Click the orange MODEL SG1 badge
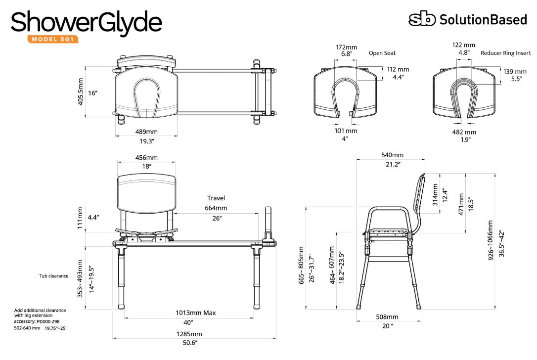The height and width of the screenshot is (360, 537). (x=53, y=39)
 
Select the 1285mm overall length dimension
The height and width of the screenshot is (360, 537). (x=189, y=334)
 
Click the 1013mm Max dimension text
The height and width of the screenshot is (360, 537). (x=195, y=313)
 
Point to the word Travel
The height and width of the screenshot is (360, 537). (x=216, y=198)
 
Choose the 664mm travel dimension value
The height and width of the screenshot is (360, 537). (x=216, y=208)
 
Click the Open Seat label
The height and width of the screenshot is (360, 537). (x=382, y=53)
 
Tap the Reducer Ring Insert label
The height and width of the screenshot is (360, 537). (x=505, y=53)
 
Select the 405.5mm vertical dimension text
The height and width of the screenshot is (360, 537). (x=80, y=92)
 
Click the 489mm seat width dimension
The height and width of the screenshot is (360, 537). (x=146, y=132)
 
